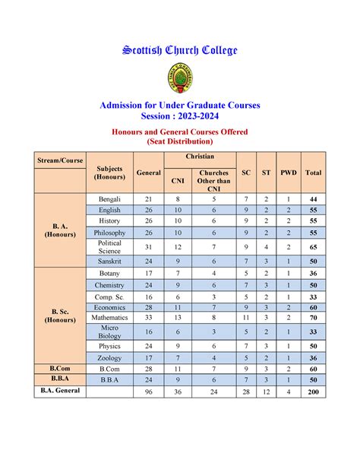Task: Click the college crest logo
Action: pos(180,78)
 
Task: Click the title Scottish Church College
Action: pos(180,50)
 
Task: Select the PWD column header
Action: pos(289,173)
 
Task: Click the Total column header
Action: pos(313,173)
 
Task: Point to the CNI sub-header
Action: pos(177,181)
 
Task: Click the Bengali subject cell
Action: pos(109,198)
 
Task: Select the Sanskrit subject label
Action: pos(109,261)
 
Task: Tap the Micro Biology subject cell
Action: pos(109,331)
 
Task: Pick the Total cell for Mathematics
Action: pos(313,317)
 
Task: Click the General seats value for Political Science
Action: pos(148,246)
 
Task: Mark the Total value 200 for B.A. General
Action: pos(313,392)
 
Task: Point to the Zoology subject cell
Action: pos(109,357)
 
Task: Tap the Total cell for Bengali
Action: pos(313,198)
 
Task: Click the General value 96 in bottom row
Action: pos(148,392)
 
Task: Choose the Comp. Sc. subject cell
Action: pos(109,296)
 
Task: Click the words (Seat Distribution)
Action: pos(180,141)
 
